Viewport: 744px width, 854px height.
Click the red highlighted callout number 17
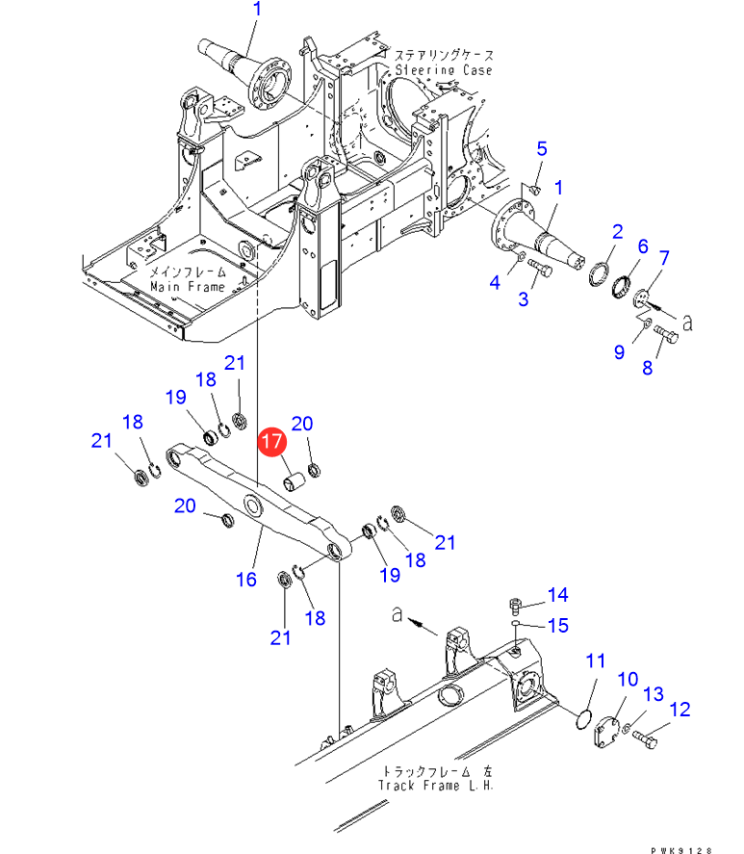[271, 441]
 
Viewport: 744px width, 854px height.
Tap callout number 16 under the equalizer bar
[246, 580]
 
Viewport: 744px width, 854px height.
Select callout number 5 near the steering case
[542, 148]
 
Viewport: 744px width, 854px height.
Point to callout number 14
[558, 595]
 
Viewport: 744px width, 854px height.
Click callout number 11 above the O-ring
[596, 661]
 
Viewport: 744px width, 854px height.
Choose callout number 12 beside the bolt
[680, 710]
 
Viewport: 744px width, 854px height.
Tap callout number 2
[618, 232]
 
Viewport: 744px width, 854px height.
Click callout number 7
[664, 258]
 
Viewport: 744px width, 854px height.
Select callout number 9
[619, 352]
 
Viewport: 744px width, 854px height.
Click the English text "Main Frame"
[188, 287]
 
